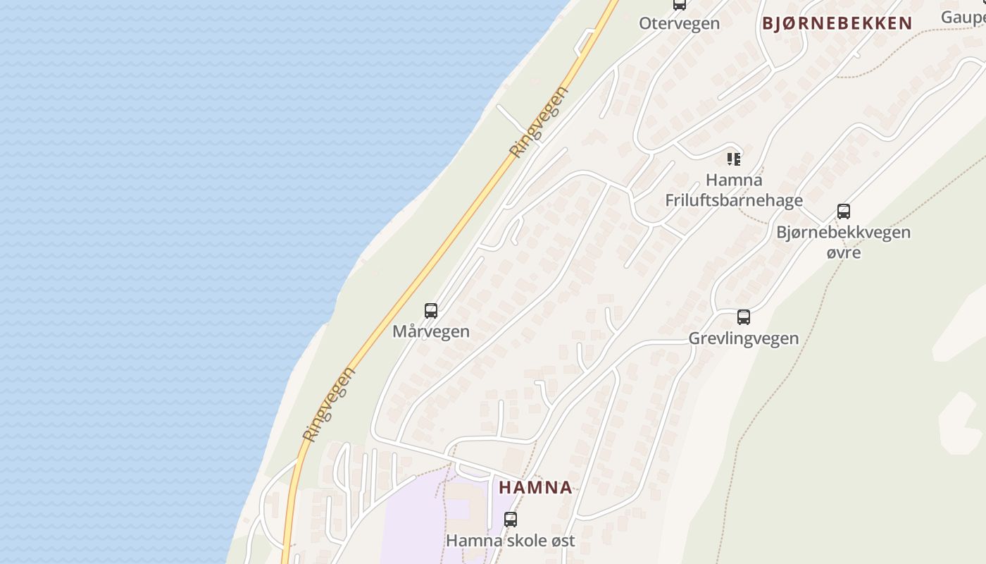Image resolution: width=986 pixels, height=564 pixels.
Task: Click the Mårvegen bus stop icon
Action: point(431,311)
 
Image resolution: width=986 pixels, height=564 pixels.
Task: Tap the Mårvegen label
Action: point(431,331)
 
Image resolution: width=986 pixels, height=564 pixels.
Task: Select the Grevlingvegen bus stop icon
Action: point(744,317)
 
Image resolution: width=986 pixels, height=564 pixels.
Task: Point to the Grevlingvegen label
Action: point(744,338)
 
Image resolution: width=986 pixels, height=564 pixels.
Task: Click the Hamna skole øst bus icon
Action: point(511,520)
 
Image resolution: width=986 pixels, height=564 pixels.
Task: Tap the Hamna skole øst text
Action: point(511,541)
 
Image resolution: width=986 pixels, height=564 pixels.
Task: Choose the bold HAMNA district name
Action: point(536,487)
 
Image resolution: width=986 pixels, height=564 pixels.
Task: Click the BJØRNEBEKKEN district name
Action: point(837,23)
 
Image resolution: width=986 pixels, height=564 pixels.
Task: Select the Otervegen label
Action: point(680,23)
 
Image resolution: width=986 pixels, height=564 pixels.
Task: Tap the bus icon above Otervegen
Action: point(680,4)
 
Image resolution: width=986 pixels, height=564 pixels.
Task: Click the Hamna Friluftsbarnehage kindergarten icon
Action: point(734,159)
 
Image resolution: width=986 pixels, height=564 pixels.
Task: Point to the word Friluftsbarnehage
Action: point(734,200)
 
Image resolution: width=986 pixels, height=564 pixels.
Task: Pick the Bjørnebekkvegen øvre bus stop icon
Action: point(844,211)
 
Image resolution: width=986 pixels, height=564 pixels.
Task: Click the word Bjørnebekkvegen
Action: point(844,232)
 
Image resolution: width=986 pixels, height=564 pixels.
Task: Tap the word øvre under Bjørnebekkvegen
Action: point(844,252)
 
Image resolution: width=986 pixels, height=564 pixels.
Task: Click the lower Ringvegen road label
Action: point(328,405)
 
